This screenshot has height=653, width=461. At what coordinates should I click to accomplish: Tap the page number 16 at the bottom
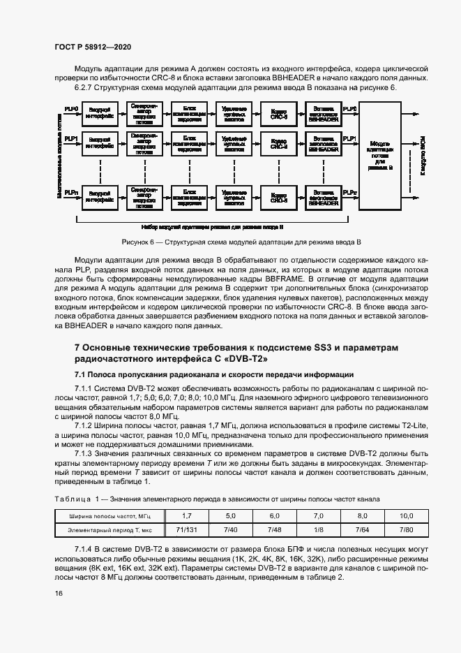[x=58, y=593]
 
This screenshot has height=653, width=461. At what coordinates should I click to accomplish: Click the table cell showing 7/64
[x=362, y=530]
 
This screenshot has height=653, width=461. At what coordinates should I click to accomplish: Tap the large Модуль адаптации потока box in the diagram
[x=379, y=155]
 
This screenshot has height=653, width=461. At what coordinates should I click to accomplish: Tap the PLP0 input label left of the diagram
[x=71, y=109]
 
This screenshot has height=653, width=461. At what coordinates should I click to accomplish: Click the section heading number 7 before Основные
[x=77, y=346]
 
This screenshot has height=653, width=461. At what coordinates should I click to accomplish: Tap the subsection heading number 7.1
[x=81, y=374]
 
